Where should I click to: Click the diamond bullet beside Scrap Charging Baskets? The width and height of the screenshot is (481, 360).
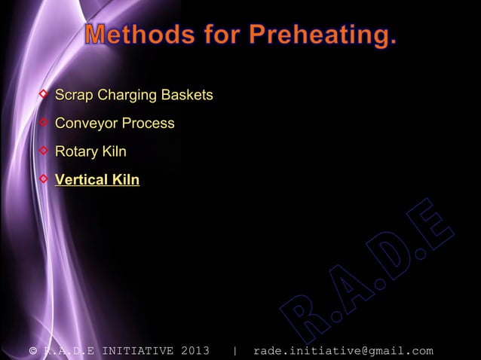pos(44,95)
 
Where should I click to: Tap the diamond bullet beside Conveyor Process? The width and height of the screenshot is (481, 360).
pos(44,123)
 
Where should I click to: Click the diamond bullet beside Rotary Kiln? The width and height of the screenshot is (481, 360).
pos(44,151)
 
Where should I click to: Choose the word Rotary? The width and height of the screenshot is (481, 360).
pos(76,152)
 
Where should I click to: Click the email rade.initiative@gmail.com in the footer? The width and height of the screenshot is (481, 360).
pos(343,350)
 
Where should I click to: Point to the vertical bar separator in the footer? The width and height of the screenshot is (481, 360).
pos(236,350)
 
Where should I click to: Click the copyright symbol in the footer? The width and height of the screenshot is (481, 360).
pos(32,350)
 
